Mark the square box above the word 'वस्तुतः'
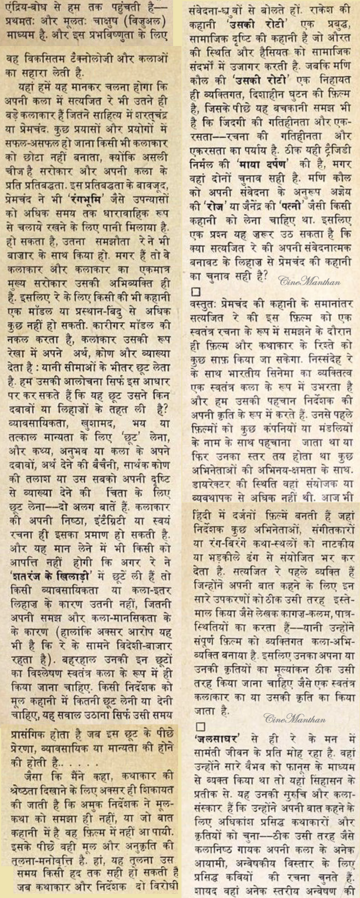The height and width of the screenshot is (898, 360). [195, 291]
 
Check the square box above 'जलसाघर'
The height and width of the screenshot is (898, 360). [200, 726]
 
